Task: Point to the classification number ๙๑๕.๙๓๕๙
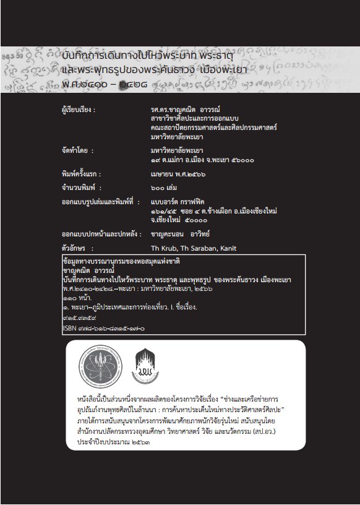tap(78, 318)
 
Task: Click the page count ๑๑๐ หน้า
tap(77, 298)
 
